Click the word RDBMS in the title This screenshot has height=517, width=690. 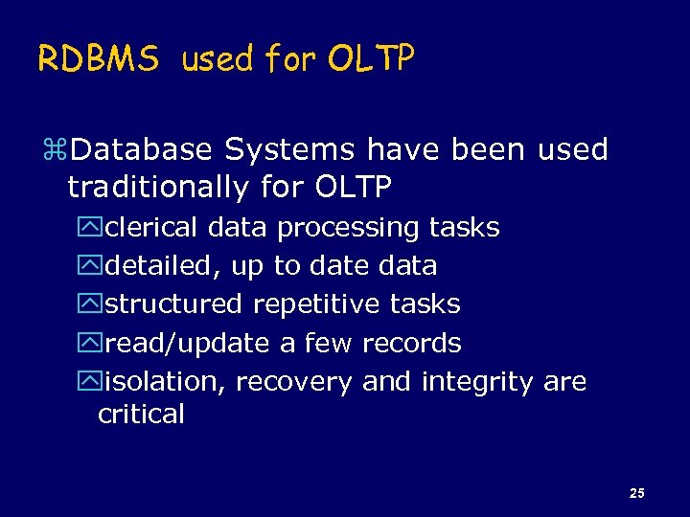click(99, 60)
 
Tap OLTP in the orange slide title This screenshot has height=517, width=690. click(370, 60)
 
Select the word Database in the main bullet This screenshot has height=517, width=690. click(143, 150)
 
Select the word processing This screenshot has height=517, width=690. click(349, 228)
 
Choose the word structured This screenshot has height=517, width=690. click(173, 304)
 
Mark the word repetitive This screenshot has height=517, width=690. click(316, 304)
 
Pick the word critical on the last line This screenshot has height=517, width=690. click(141, 415)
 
